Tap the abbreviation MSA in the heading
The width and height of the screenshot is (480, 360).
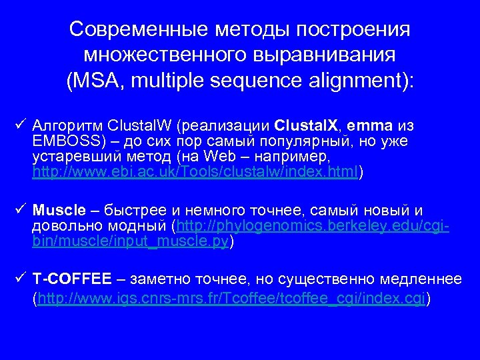95,81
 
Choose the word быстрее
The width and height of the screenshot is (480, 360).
143,211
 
